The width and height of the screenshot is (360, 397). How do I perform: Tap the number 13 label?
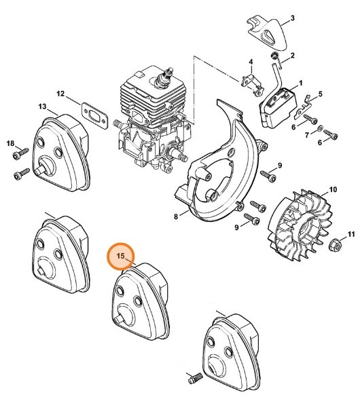(x=42, y=107)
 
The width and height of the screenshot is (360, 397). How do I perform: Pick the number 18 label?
(x=10, y=143)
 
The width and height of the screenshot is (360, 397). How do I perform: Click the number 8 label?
(x=175, y=216)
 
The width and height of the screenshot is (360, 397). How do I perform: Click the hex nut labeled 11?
(x=335, y=244)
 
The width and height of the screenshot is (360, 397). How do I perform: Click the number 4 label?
(x=251, y=62)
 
